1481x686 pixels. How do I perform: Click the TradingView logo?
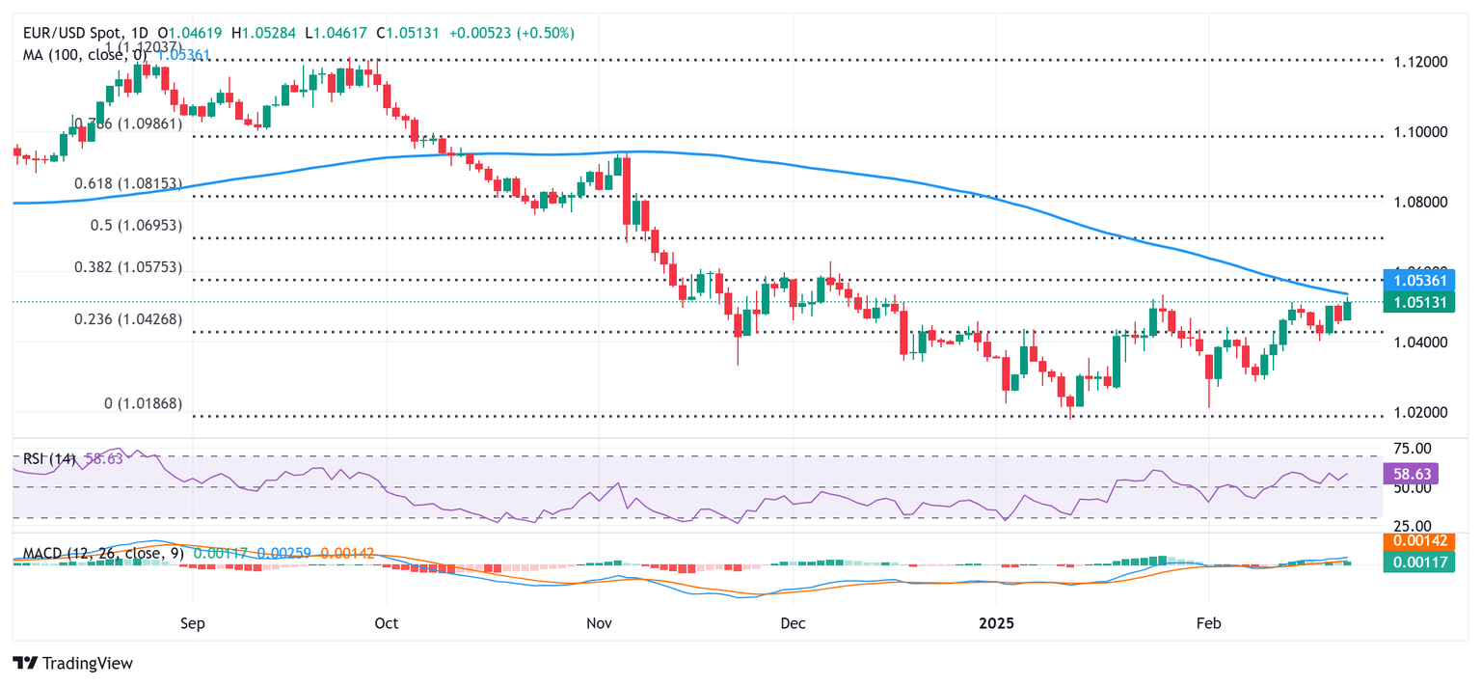point(73,663)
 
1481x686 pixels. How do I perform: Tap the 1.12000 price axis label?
point(1420,62)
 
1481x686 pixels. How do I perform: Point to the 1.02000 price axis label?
point(1420,413)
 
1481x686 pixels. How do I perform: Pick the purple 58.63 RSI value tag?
point(1411,474)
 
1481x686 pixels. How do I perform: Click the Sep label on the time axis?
point(193,624)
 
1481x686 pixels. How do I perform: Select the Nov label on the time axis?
point(599,624)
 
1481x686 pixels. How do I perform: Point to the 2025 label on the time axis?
point(996,624)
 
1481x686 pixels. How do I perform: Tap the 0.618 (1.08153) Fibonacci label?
point(129,183)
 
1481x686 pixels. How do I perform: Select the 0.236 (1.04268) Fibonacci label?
point(128,319)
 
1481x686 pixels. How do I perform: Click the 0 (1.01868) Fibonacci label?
point(143,403)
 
